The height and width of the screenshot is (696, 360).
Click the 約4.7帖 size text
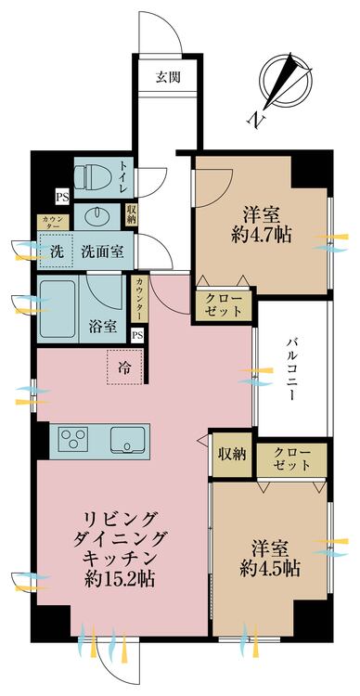tap(265, 236)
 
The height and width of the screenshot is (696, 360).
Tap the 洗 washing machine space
tap(57, 251)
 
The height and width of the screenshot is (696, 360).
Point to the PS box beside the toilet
tap(62, 197)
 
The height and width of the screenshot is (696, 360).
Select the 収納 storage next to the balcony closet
tap(232, 454)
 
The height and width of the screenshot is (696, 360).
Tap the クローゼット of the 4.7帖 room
tap(225, 304)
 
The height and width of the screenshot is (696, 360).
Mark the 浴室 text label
tap(103, 326)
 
